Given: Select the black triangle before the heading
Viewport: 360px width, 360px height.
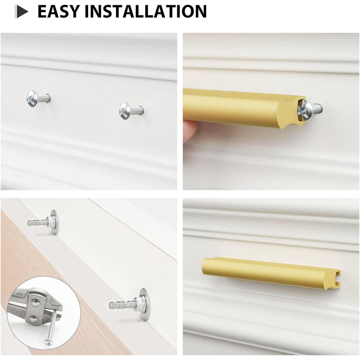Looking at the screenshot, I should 22,12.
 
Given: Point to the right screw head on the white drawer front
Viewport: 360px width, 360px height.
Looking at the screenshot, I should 125,110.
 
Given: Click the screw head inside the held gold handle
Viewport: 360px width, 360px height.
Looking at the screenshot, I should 305,109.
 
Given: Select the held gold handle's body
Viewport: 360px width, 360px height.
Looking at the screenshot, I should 238,107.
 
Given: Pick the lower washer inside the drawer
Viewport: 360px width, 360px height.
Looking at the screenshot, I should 143,304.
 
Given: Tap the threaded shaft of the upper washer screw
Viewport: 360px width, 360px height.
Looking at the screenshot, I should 37,222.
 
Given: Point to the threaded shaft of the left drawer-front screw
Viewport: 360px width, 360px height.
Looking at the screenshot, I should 45,98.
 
